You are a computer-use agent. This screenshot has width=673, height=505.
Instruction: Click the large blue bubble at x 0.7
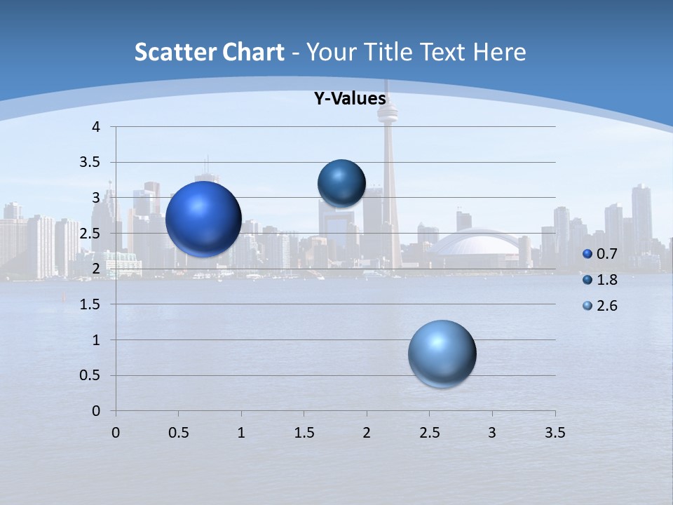pyautogui.click(x=204, y=219)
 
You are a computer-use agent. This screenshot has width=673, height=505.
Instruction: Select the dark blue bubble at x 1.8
pyautogui.click(x=341, y=183)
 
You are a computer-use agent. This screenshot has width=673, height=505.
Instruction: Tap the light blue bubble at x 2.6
pyautogui.click(x=442, y=353)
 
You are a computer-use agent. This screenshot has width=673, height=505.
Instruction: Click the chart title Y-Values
pyautogui.click(x=350, y=99)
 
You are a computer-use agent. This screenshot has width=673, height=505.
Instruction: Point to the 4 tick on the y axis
pyautogui.click(x=96, y=127)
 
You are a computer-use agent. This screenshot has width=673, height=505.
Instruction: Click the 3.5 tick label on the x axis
pyautogui.click(x=555, y=433)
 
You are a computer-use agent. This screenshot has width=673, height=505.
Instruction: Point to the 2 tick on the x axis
pyautogui.click(x=367, y=433)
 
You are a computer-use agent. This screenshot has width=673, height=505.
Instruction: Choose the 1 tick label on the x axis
pyautogui.click(x=241, y=433)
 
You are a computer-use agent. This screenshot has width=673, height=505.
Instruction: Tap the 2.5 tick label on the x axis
pyautogui.click(x=429, y=433)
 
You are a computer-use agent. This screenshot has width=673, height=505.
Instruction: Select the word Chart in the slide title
pyautogui.click(x=253, y=52)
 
